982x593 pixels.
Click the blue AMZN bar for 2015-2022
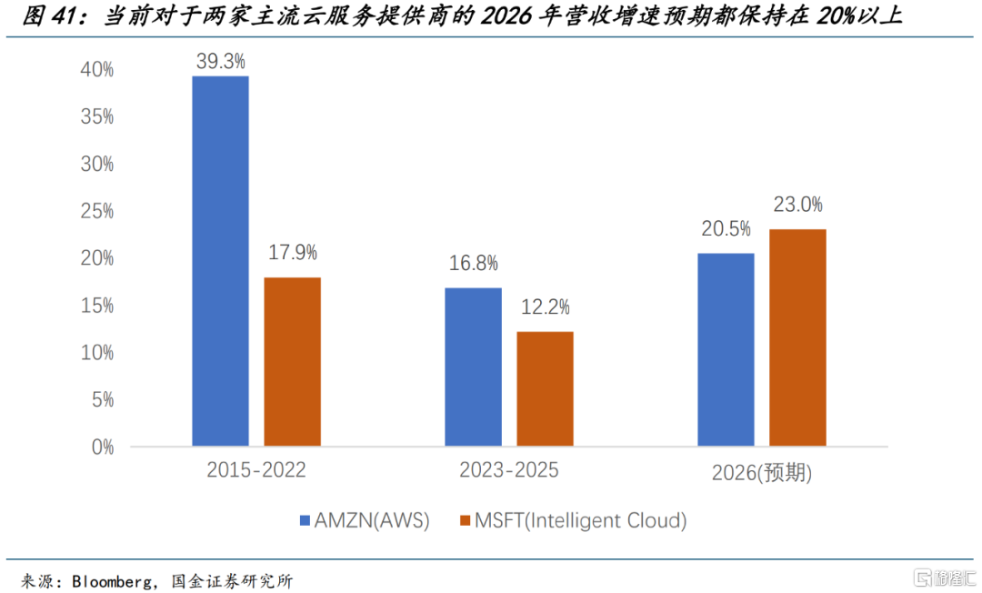(x=220, y=261)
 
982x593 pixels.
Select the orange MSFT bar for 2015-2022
(x=292, y=361)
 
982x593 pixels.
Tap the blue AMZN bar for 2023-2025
(x=473, y=367)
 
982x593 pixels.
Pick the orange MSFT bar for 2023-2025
(x=546, y=388)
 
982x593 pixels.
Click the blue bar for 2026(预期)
(x=726, y=349)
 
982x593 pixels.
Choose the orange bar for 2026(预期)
(x=797, y=337)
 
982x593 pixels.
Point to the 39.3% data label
(x=220, y=62)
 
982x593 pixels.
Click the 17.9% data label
(x=292, y=253)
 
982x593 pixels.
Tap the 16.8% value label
(x=473, y=264)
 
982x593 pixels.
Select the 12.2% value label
(x=546, y=307)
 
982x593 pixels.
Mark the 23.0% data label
(x=797, y=205)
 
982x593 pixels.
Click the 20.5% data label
(x=726, y=229)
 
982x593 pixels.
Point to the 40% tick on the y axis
(x=97, y=70)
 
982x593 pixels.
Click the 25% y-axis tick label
(x=97, y=212)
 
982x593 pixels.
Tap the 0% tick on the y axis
(x=102, y=447)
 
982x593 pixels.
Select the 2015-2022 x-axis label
(x=256, y=471)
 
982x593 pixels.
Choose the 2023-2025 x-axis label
(x=509, y=471)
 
